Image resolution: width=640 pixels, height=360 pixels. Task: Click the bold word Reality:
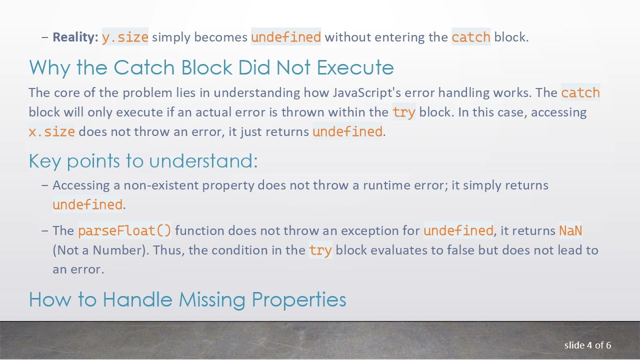coord(75,37)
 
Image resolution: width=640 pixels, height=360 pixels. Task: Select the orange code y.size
coord(125,37)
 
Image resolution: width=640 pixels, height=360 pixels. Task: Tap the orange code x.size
coord(52,131)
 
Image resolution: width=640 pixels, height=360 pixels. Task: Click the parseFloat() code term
coord(124,230)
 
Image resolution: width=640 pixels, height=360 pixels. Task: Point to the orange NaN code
coord(570,230)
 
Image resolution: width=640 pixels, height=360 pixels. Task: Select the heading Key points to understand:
coord(143,160)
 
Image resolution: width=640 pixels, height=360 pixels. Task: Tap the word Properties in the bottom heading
coord(298,299)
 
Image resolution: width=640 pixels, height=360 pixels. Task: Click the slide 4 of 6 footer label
coord(587,345)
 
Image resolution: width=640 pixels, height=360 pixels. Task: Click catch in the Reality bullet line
coord(471,37)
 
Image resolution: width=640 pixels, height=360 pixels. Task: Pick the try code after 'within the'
coord(404,112)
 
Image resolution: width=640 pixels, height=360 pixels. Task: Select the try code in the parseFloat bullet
coord(320,250)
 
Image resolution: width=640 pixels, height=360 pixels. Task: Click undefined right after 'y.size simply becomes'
coord(286,37)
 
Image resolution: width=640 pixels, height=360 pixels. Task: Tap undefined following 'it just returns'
coord(347,131)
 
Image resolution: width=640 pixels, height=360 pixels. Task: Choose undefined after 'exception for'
coord(458,230)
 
